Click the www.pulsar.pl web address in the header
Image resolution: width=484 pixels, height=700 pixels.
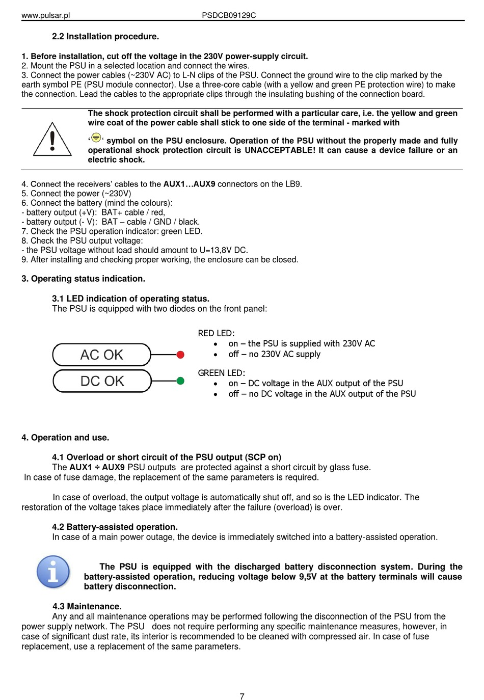pos(45,15)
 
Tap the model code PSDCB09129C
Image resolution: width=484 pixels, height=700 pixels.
pos(229,15)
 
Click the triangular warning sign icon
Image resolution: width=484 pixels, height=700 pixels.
pos(52,140)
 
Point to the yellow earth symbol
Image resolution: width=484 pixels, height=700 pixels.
pos(96,138)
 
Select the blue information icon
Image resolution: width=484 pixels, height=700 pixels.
pos(53,572)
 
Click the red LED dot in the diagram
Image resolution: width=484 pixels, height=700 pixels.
pos(180,355)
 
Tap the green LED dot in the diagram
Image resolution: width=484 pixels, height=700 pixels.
pos(180,381)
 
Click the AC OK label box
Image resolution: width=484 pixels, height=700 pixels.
pos(102,355)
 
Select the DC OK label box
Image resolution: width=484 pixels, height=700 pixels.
pos(102,381)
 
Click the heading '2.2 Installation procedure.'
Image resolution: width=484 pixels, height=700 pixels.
pos(105,37)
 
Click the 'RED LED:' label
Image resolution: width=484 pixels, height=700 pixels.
pos(216,333)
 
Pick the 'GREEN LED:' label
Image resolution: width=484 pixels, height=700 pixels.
pos(221,373)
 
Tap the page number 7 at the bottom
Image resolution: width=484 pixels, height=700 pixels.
pos(242,696)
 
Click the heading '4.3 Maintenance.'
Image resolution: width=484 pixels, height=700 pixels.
pos(87,606)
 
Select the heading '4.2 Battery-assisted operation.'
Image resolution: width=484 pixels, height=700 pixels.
pos(115,527)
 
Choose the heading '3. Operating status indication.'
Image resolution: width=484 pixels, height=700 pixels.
pos(83,279)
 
